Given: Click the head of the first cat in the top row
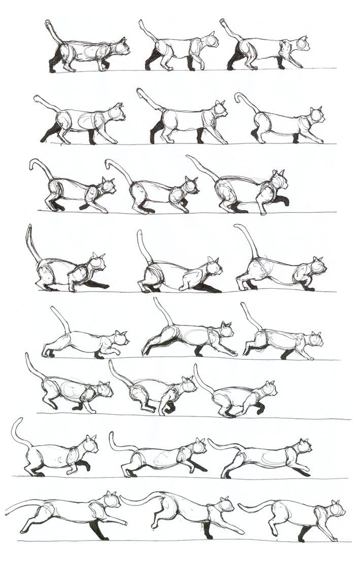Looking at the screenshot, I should (x=121, y=48).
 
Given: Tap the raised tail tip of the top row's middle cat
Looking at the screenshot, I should (x=141, y=22).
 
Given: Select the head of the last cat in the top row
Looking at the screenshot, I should (x=302, y=45).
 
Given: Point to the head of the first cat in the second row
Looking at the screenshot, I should (x=118, y=113).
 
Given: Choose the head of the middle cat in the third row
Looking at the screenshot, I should (x=190, y=186).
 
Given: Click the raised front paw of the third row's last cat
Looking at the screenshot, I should (x=285, y=200).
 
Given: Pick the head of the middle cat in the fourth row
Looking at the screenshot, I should (x=215, y=267).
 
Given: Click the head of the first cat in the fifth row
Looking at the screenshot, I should (x=121, y=339).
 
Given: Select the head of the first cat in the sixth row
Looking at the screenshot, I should (x=105, y=390).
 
